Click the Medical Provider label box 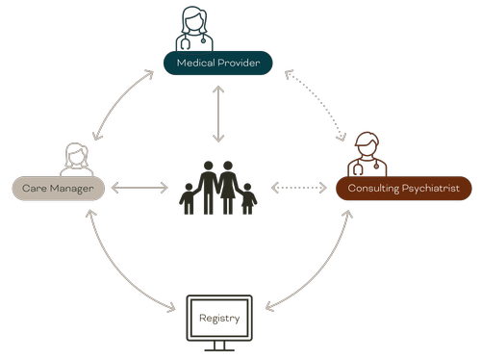(216, 64)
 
